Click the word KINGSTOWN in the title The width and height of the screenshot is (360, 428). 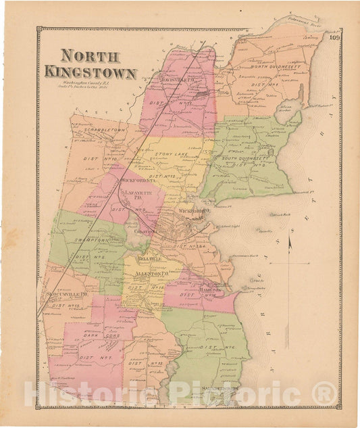coord(91,72)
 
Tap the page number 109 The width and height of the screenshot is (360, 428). coord(334,37)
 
